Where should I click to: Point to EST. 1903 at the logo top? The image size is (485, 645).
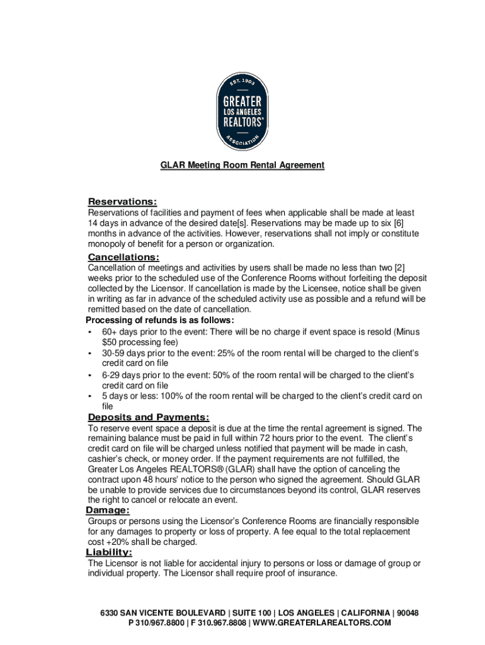243,83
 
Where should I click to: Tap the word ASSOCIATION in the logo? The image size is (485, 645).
243,140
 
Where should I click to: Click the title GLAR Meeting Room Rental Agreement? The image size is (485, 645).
243,165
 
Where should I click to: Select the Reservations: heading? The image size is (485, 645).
122,202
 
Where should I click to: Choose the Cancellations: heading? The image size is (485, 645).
123,257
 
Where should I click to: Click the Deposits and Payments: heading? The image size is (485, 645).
149,417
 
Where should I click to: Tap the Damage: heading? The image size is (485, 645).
108,510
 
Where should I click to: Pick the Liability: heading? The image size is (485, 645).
109,552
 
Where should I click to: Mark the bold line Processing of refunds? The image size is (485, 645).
159,320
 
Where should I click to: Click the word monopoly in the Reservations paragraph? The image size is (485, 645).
108,244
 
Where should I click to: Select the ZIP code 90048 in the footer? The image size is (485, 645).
406,613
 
